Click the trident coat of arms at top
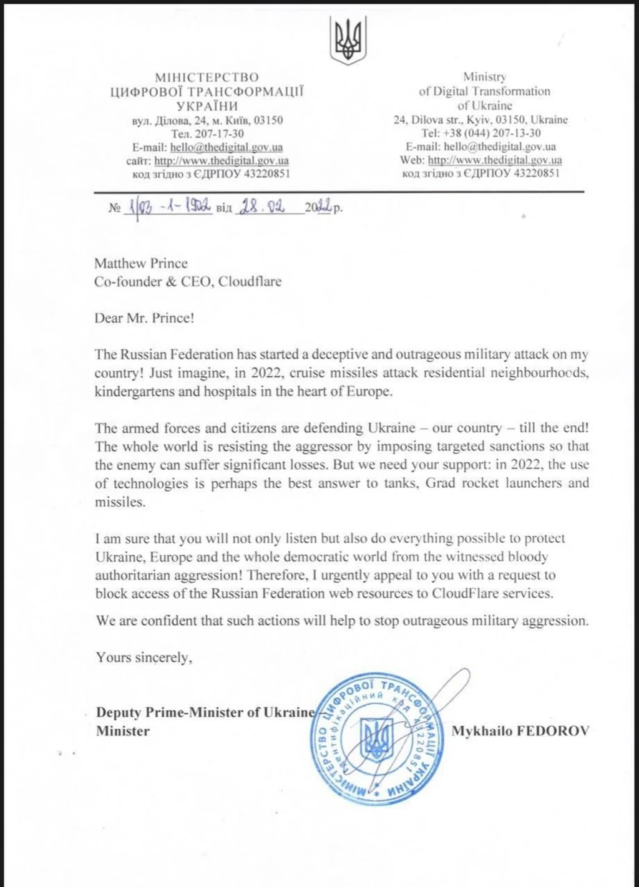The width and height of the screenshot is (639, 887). (348, 41)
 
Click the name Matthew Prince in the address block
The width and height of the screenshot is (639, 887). (141, 263)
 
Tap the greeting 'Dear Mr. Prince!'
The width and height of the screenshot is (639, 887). (145, 317)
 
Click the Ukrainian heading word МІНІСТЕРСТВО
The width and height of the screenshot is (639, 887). (207, 77)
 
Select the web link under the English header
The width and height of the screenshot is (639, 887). (494, 160)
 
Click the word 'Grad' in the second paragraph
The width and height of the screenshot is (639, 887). (441, 483)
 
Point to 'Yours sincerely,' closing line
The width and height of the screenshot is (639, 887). (144, 657)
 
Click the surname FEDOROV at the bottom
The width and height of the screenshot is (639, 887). (552, 731)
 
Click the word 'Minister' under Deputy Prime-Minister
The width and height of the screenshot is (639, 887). (123, 730)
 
